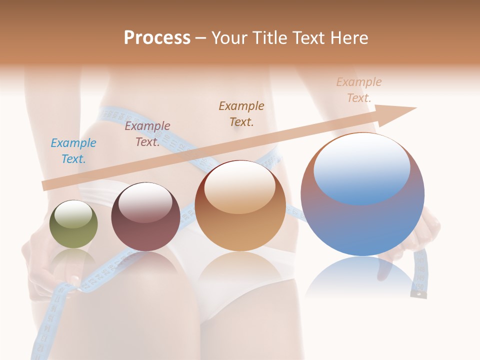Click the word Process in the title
tap(157, 38)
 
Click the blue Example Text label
tap(73, 151)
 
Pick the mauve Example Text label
tap(147, 134)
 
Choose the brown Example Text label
tap(241, 113)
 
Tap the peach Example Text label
tap(359, 90)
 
